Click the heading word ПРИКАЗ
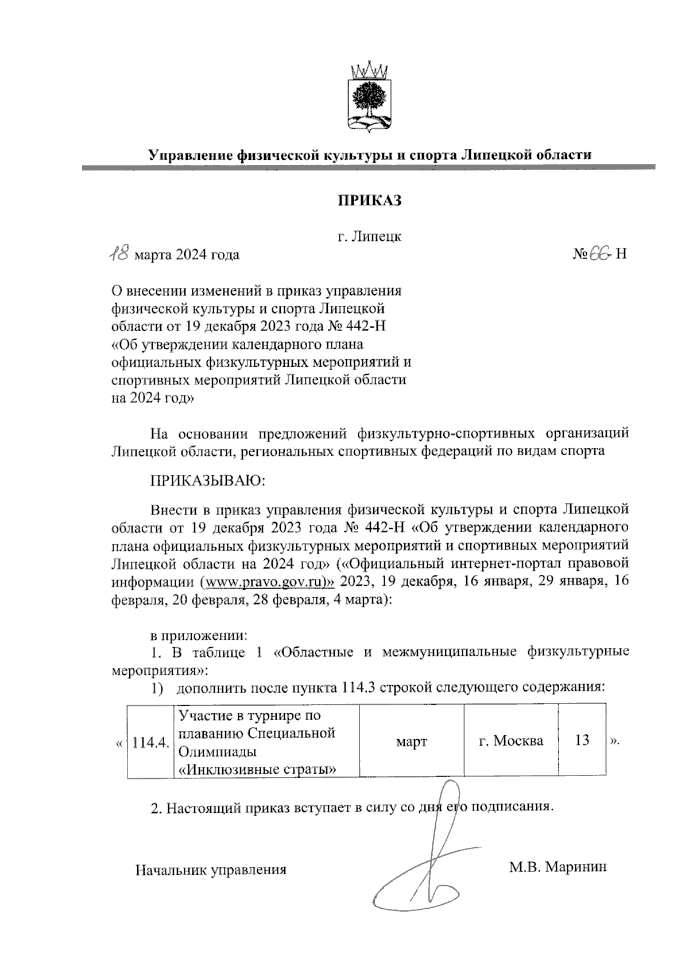pyautogui.click(x=369, y=201)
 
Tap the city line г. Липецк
pyautogui.click(x=369, y=236)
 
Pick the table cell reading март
pyautogui.click(x=411, y=741)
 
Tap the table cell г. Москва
pyautogui.click(x=510, y=741)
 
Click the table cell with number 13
pyautogui.click(x=582, y=740)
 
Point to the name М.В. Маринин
pyautogui.click(x=557, y=866)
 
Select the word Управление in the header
pyautogui.click(x=189, y=155)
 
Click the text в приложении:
pyautogui.click(x=198, y=636)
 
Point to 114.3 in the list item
pyautogui.click(x=358, y=687)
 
